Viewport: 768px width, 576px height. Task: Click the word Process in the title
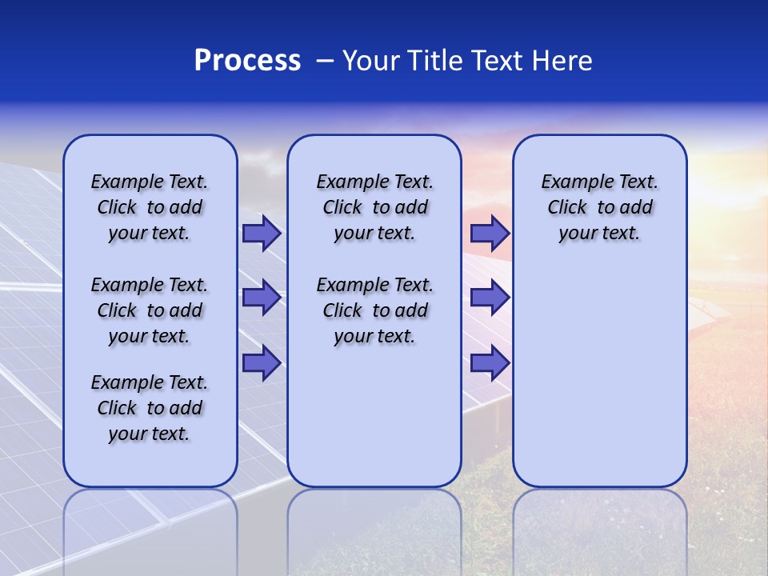[x=247, y=60]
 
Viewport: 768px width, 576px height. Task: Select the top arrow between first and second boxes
[x=262, y=233]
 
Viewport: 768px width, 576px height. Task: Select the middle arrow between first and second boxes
[x=262, y=298]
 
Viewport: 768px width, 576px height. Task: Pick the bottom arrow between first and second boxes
[x=262, y=363]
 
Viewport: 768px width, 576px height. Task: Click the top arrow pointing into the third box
[x=490, y=233]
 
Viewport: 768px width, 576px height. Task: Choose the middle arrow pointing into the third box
[x=490, y=298]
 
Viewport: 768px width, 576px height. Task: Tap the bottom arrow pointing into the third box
[x=490, y=363]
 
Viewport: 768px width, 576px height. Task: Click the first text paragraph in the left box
[x=150, y=207]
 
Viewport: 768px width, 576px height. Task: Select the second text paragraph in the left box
[x=150, y=310]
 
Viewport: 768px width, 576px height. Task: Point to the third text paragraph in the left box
[x=150, y=408]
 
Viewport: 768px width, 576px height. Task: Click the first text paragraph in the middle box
[x=374, y=207]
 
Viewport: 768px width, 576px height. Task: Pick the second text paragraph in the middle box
[x=374, y=310]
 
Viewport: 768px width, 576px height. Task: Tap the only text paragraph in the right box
[x=599, y=207]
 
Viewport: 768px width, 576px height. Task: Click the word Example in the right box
[x=572, y=182]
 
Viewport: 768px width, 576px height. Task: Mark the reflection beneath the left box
[x=150, y=528]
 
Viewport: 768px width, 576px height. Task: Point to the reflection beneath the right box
[x=599, y=528]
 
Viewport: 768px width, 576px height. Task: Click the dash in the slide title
[x=325, y=60]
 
